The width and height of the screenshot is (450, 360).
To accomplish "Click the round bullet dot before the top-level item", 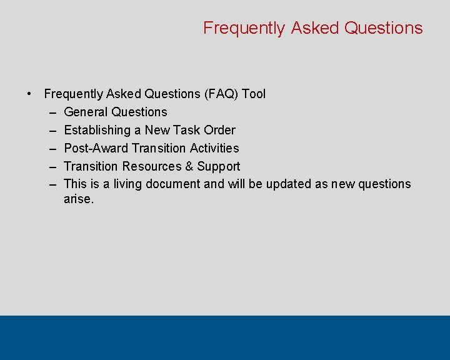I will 29,94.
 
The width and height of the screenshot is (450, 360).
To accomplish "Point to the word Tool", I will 254,94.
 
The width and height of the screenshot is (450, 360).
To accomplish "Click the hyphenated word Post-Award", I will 96,148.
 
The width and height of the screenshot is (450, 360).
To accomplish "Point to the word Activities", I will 214,148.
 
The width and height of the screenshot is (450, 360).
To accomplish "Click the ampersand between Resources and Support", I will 189,166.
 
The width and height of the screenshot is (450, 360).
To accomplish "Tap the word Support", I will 219,166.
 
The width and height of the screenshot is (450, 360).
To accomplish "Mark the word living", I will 127,184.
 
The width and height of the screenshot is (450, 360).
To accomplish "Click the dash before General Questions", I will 50,112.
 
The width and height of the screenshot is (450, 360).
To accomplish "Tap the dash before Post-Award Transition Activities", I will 50,149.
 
